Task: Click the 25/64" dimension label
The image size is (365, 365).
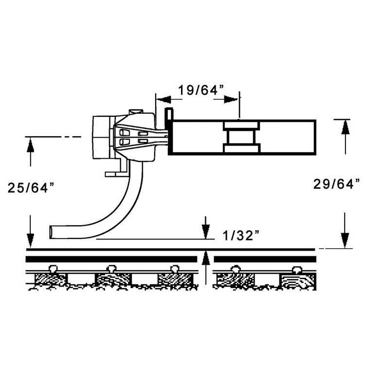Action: pos(30,187)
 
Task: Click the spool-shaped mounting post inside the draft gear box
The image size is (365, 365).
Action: pos(242,137)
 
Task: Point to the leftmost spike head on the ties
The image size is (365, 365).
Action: pos(52,267)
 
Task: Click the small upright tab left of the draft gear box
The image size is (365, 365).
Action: pos(167,117)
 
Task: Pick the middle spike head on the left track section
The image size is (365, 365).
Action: pos(112,267)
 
